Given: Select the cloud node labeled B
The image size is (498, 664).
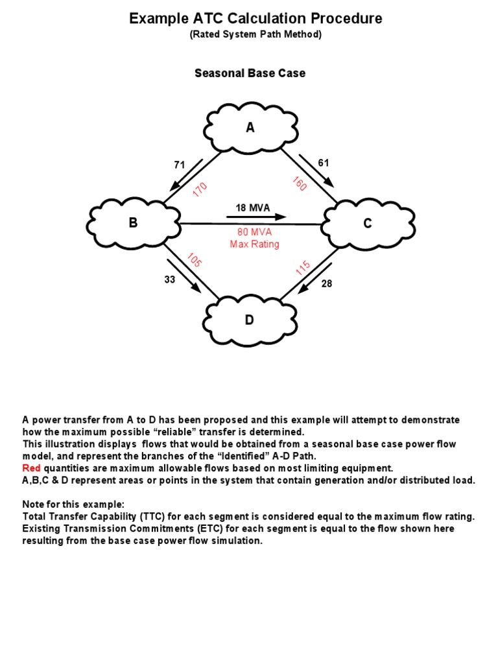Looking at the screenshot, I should [x=134, y=223].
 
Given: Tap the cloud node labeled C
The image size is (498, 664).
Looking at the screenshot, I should [x=367, y=224].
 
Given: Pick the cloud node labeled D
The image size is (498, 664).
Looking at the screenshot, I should [x=250, y=320].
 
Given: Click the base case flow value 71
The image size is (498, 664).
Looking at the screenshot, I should [x=180, y=165].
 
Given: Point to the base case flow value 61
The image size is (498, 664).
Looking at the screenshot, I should [x=324, y=162].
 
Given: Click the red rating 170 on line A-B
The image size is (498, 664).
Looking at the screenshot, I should [x=200, y=189].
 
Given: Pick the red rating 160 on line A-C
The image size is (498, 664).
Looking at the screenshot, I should [x=299, y=184].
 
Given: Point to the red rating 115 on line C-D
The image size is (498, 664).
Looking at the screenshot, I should [x=303, y=268].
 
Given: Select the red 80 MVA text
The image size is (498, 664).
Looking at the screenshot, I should [x=254, y=233].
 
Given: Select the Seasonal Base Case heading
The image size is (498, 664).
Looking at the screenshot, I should [x=250, y=73].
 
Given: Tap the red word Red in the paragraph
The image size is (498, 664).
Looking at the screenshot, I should [x=32, y=468].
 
